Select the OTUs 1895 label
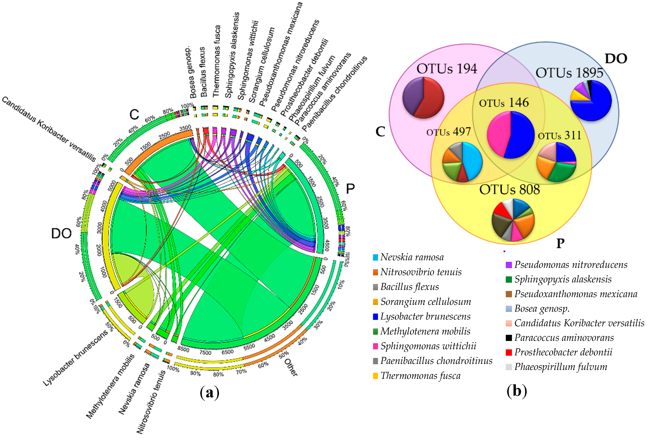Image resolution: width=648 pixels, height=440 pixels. click(x=569, y=73)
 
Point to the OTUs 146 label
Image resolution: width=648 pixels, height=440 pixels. click(x=504, y=103)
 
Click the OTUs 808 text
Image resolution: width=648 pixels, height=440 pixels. click(x=509, y=190)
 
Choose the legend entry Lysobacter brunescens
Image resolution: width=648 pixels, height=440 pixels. click(x=425, y=316)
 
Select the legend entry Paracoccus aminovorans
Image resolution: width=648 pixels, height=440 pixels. click(x=564, y=338)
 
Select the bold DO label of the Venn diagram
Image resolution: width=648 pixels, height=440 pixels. click(x=616, y=59)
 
